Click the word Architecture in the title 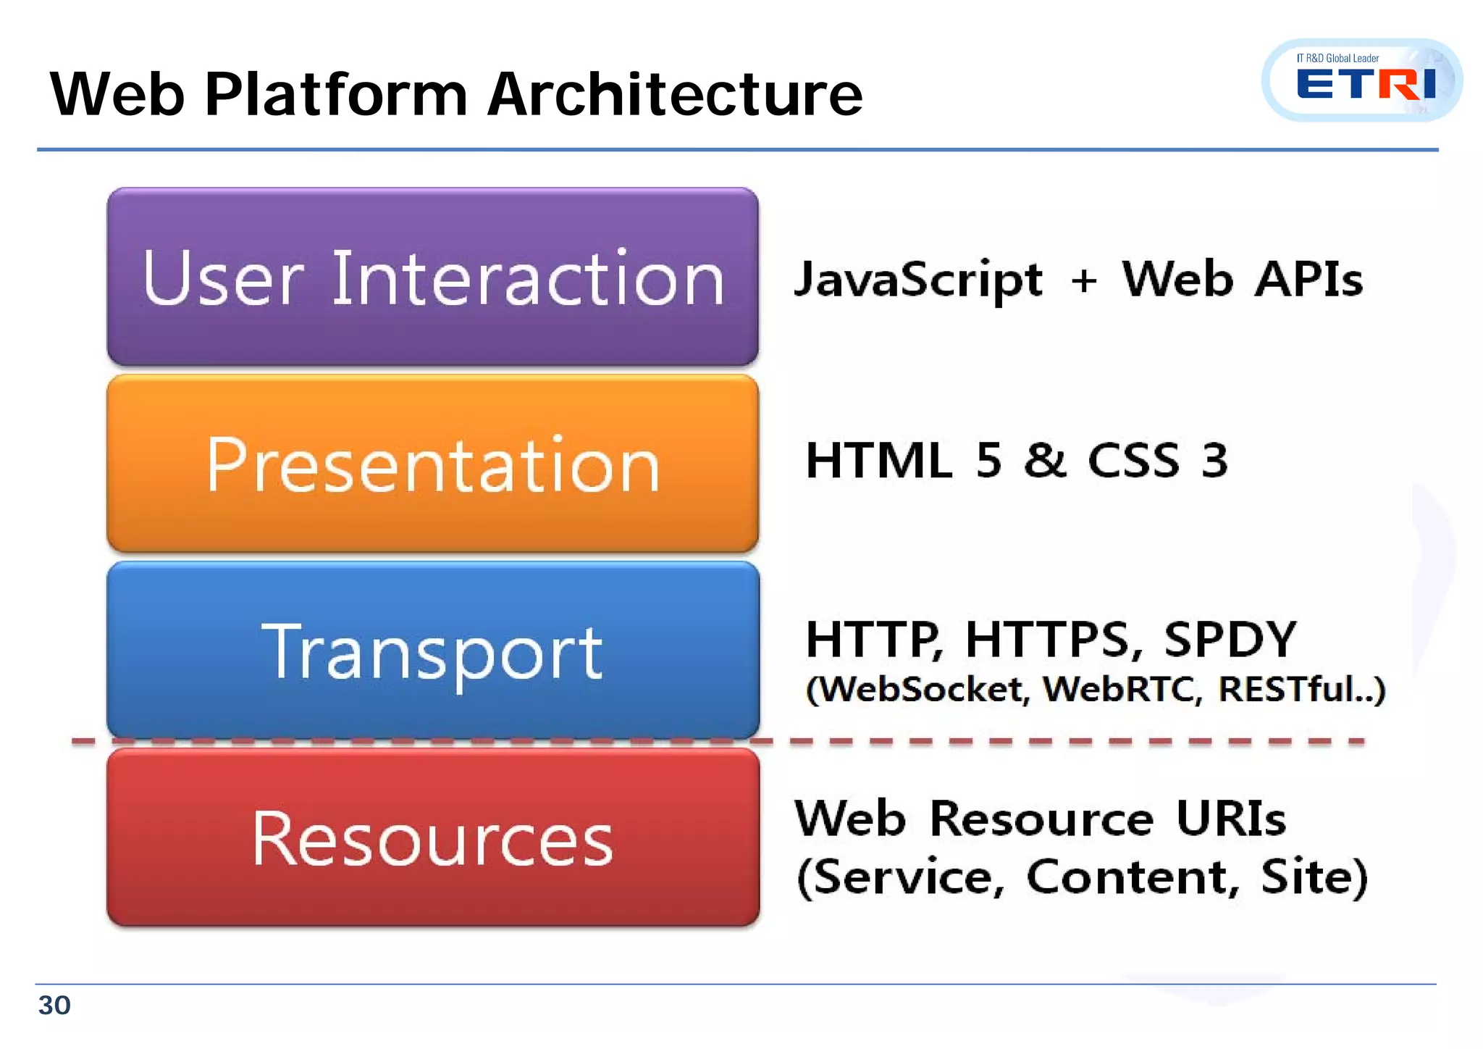coord(675,94)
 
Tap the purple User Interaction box coord(433,277)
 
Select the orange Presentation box coord(433,464)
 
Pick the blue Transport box coord(433,651)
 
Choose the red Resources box coord(433,837)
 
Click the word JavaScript coord(918,280)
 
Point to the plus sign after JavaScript coord(1084,280)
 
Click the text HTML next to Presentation coord(878,460)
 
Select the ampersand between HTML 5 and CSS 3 coord(1045,460)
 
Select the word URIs coord(1231,819)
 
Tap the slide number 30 coord(54,1006)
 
